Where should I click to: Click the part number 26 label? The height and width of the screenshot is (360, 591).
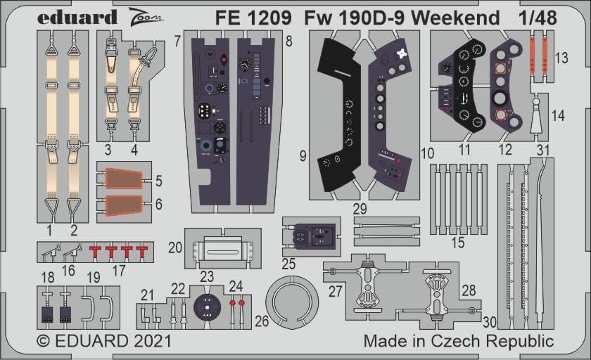tap(262, 321)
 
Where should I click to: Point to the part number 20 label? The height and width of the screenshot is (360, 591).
tap(175, 247)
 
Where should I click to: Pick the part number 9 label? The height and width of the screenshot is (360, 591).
tap(303, 156)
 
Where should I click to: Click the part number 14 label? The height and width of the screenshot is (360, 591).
tap(558, 115)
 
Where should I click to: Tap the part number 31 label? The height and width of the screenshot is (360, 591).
tap(562, 150)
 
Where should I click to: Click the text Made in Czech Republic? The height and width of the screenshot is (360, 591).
tap(459, 342)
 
